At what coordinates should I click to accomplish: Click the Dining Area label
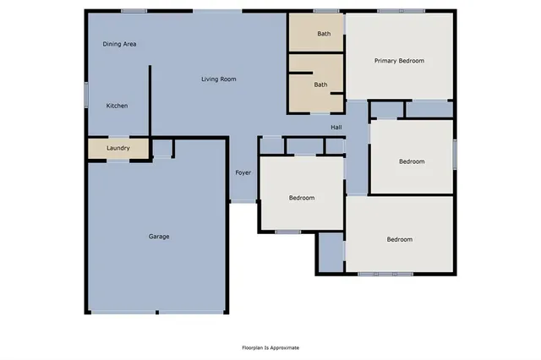pos(119,44)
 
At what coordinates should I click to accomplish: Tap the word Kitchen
pos(117,106)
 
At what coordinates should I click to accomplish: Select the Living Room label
pos(218,79)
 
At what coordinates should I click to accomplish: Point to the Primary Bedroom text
pos(400,61)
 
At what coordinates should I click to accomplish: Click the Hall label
pos(336,127)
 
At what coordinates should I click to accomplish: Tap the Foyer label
pos(243,172)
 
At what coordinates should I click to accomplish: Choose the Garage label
pos(159,237)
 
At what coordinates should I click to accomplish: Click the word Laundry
pos(117,149)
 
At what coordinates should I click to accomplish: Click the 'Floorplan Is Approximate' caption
pos(270,347)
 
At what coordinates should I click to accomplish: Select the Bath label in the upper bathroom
pos(324,34)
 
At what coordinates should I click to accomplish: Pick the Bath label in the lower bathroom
pos(321,85)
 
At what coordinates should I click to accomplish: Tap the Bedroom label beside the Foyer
pos(302,198)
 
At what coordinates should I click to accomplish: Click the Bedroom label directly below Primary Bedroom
pos(412,161)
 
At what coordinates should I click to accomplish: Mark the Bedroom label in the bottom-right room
pos(400,239)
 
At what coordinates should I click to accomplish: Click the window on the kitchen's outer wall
pos(85,93)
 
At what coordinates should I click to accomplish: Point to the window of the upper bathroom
pos(325,11)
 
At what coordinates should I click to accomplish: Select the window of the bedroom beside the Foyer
pos(288,232)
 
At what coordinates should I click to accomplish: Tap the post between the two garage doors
pos(157,313)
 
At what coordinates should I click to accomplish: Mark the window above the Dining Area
pos(134,10)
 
